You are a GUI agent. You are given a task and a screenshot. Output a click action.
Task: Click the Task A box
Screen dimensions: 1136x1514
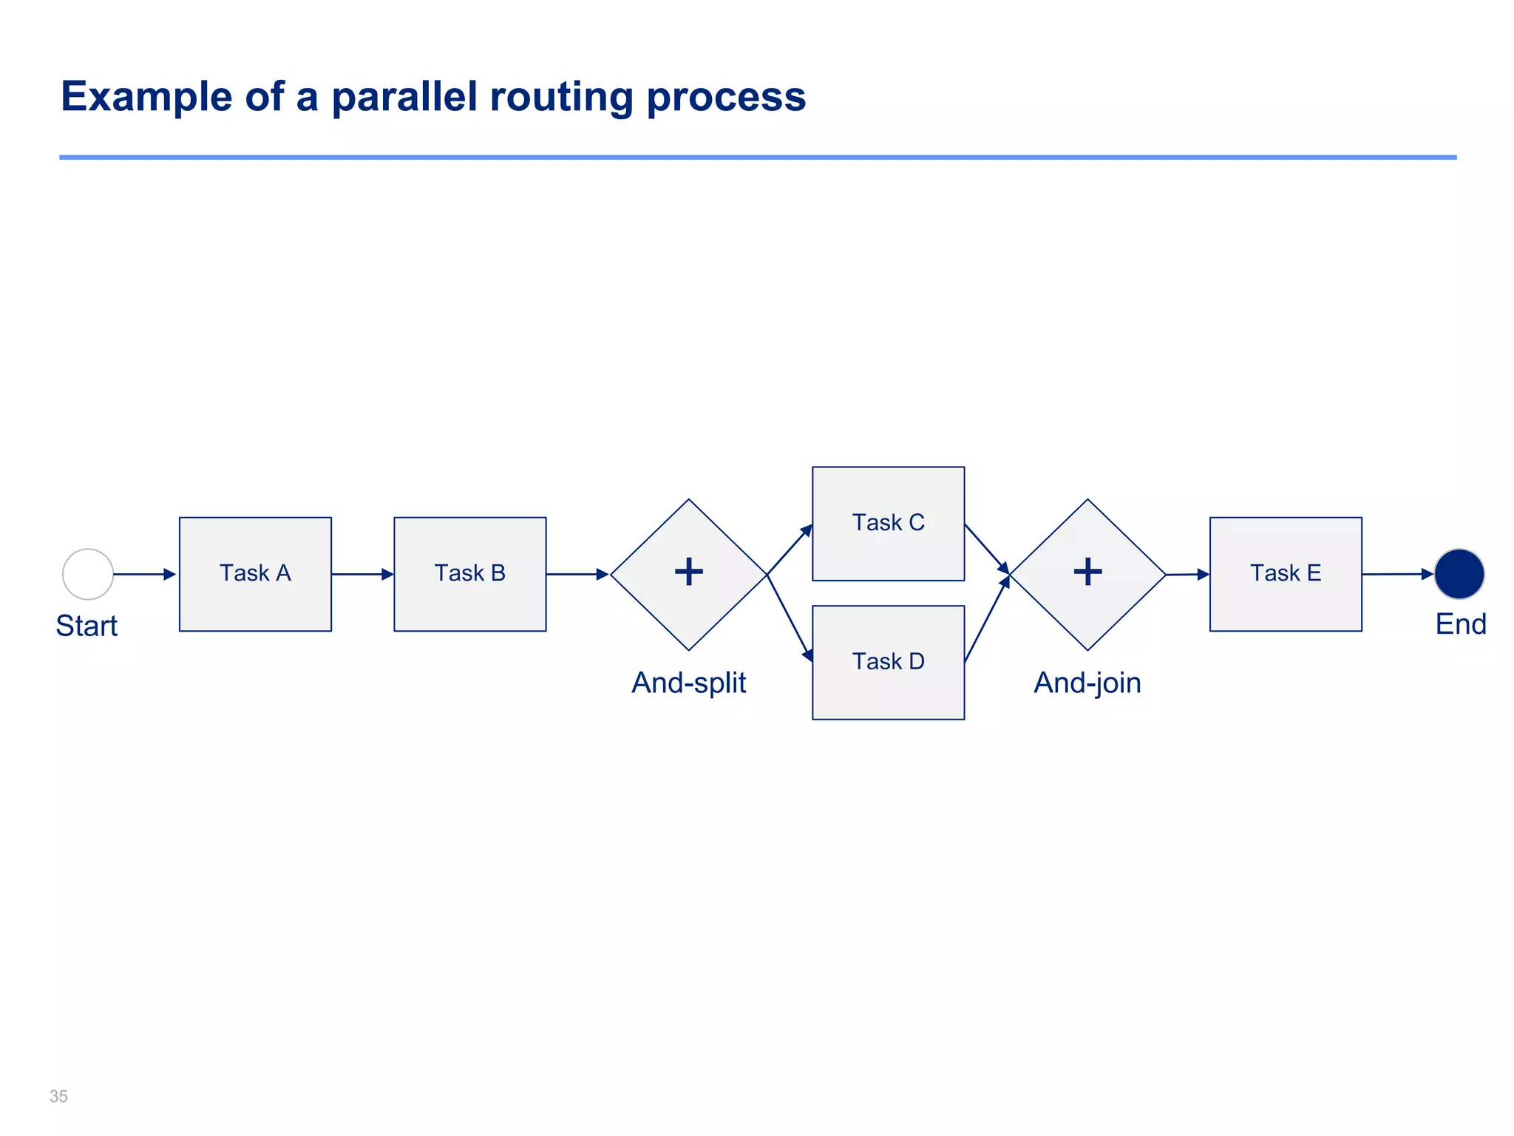click(x=255, y=574)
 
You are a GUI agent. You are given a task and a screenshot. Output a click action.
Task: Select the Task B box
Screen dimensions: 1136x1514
click(x=469, y=574)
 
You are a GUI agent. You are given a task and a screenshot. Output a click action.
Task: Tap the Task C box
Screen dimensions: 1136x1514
click(x=888, y=523)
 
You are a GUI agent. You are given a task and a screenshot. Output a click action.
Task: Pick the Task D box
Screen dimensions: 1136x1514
click(x=888, y=662)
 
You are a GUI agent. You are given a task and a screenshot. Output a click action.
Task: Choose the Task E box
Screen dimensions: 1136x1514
click(x=1285, y=574)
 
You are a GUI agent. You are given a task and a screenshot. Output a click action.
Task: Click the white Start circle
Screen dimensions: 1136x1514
click(x=88, y=574)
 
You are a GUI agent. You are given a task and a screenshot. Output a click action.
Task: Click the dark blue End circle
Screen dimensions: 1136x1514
click(x=1459, y=574)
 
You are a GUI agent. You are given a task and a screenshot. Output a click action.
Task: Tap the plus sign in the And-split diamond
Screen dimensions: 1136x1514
click(x=689, y=572)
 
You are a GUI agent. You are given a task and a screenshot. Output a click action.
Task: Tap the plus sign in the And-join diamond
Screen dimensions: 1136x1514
click(x=1087, y=572)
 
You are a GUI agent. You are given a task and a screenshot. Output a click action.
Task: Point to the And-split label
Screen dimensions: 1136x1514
click(x=688, y=683)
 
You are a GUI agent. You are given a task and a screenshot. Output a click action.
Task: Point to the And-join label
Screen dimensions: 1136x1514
click(x=1087, y=683)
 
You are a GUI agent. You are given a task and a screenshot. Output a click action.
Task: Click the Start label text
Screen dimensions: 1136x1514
click(x=86, y=626)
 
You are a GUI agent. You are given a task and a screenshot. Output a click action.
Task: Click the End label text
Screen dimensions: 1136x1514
click(x=1460, y=624)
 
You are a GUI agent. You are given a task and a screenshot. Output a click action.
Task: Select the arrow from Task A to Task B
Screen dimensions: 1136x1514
click(x=362, y=574)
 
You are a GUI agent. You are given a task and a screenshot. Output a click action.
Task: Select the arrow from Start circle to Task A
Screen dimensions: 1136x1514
click(x=144, y=574)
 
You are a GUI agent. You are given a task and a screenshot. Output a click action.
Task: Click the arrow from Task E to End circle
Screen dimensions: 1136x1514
click(x=1397, y=574)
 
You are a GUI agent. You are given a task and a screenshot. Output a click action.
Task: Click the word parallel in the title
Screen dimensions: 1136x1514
click(x=404, y=96)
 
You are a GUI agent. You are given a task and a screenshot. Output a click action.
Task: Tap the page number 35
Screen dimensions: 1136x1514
click(x=58, y=1096)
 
